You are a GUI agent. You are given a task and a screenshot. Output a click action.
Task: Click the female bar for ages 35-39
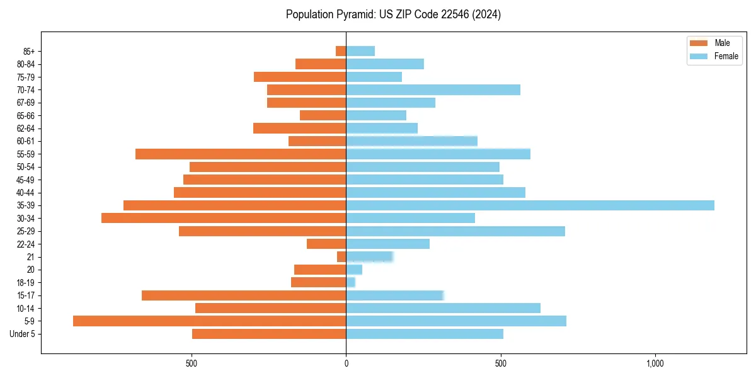[x=529, y=205]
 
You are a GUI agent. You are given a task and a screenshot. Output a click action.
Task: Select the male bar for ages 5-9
[x=209, y=321]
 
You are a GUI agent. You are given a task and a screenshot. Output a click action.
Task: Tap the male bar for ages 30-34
[x=224, y=218]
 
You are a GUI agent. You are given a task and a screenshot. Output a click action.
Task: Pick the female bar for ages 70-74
[x=433, y=89]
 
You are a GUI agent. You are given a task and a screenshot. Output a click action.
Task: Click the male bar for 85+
[x=341, y=51]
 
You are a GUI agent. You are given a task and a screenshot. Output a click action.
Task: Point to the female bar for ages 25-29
[x=455, y=231]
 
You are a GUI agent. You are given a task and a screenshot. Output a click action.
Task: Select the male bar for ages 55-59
[x=241, y=154]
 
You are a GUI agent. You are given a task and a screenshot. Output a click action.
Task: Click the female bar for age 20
[x=354, y=270]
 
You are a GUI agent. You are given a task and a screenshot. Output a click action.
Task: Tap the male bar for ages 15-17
[x=244, y=295]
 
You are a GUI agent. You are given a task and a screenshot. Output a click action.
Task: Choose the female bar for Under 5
[x=425, y=334]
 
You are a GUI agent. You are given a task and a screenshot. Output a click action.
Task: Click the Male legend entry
[x=713, y=43]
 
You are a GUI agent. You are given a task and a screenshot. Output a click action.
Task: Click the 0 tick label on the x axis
[x=346, y=364]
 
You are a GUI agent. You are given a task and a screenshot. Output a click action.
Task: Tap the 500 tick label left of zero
[x=192, y=364]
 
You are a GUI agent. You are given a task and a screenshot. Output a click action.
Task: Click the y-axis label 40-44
[x=25, y=193]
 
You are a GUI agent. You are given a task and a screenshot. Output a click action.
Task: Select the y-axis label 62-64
[x=25, y=129]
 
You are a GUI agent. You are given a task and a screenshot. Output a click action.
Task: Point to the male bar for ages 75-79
[x=300, y=77]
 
